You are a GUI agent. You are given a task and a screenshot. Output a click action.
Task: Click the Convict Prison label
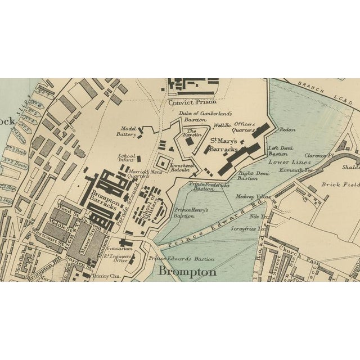(x=188, y=102)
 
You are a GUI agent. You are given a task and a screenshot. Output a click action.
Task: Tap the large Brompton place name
(x=187, y=272)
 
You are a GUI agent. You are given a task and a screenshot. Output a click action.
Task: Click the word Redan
(x=287, y=129)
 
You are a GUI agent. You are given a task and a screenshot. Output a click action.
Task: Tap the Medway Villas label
(x=253, y=197)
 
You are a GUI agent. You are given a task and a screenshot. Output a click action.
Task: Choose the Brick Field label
(x=339, y=184)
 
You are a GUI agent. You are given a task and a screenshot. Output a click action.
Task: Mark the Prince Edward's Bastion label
(x=182, y=259)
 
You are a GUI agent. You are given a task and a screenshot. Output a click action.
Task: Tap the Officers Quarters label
(x=244, y=127)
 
